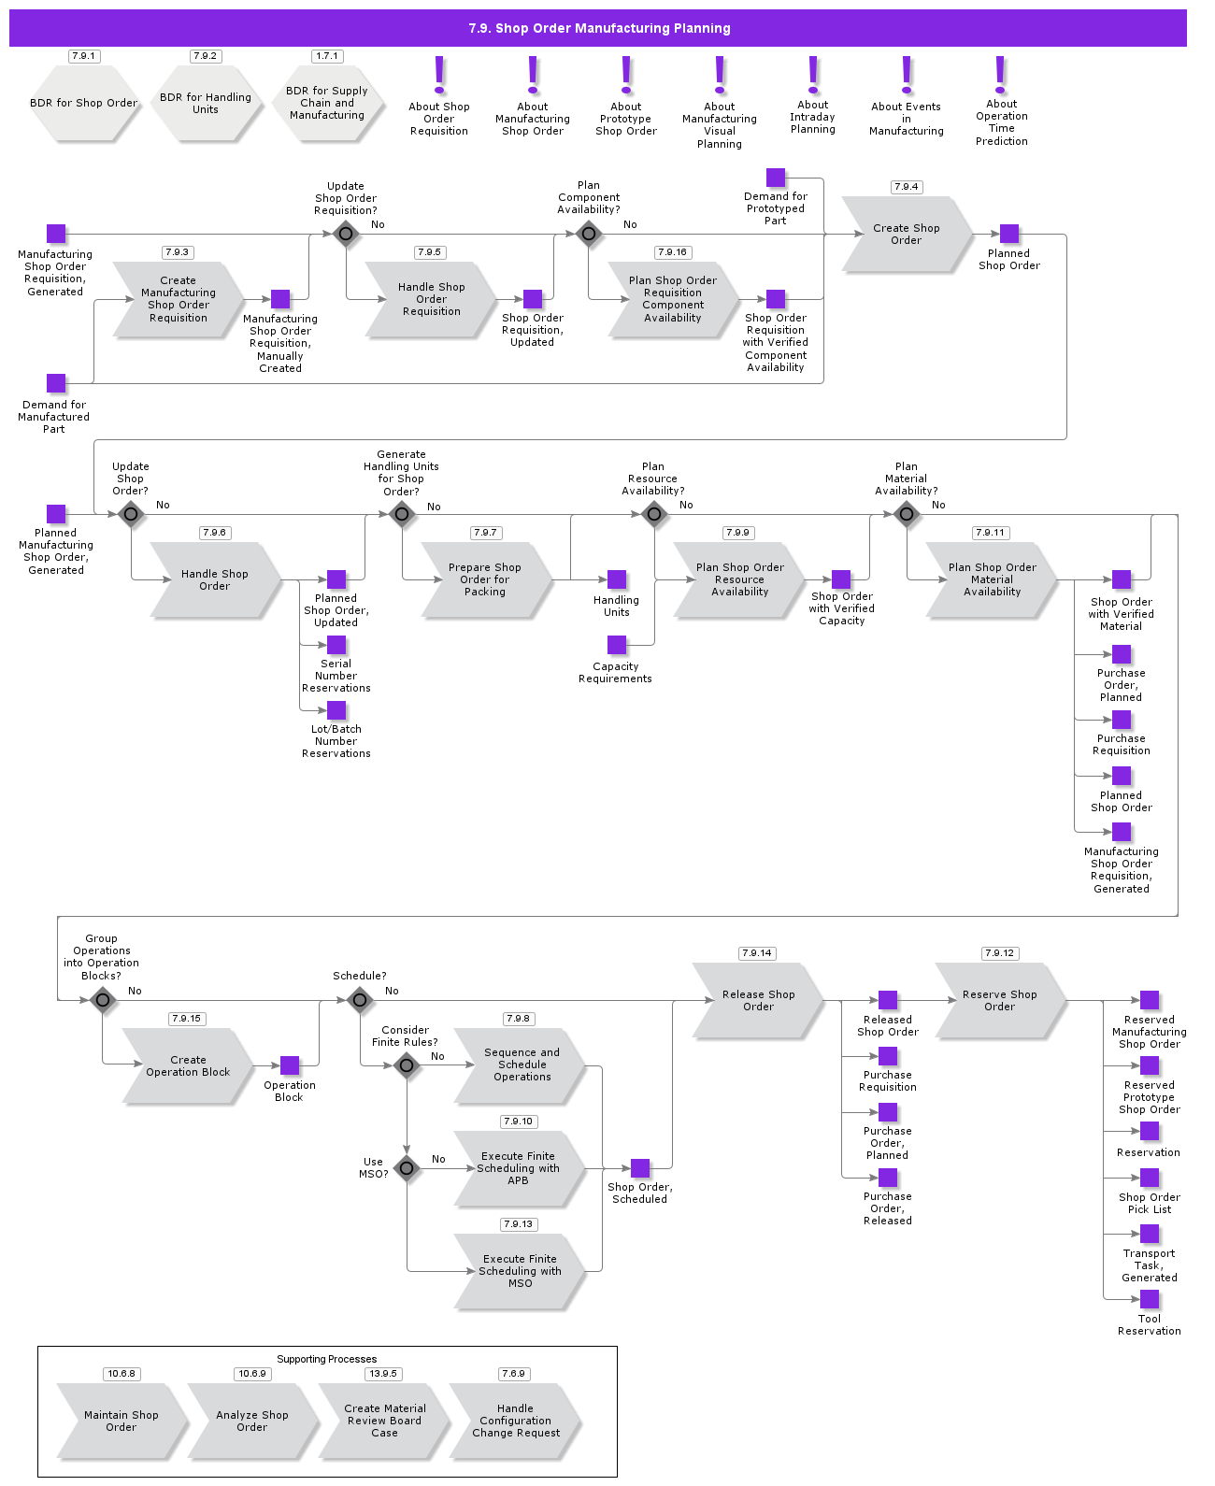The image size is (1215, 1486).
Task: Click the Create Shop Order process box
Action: (906, 235)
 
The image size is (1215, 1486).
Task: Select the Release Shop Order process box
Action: (758, 1001)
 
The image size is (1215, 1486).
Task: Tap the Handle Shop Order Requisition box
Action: (431, 299)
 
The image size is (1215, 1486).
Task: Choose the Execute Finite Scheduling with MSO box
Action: (520, 1271)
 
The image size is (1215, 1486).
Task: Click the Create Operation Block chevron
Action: (187, 1066)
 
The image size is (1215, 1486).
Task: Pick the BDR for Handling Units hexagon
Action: (205, 104)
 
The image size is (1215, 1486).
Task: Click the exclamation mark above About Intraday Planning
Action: (813, 75)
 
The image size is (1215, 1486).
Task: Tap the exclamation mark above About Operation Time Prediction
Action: (1001, 75)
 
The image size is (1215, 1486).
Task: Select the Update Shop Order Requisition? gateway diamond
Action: (346, 234)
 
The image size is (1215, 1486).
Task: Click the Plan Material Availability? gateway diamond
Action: (907, 514)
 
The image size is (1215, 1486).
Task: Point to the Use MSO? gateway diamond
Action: (407, 1168)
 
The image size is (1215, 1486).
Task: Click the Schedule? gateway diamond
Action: (360, 1000)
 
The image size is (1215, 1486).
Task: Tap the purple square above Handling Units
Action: (617, 579)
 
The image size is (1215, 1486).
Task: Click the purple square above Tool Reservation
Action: (1150, 1299)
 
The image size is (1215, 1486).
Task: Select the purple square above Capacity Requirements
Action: (617, 645)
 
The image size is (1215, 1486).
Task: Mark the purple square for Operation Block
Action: (290, 1065)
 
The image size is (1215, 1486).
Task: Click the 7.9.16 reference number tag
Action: (672, 252)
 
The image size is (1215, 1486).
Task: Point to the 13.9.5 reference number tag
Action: (383, 1374)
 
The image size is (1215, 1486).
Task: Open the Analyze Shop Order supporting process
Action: (251, 1422)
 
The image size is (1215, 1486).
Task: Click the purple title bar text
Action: (599, 29)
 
